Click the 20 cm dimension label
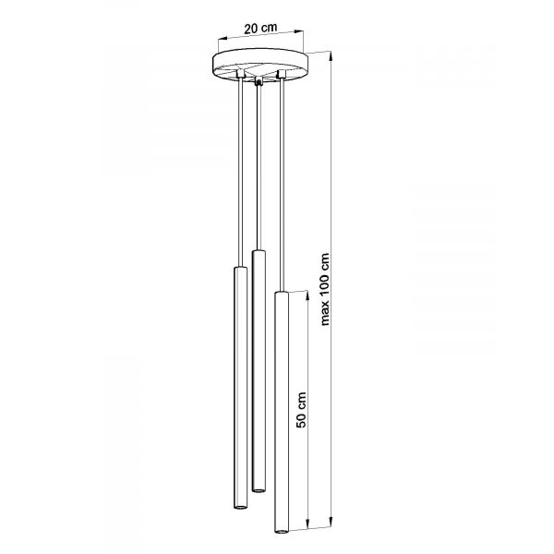click(x=260, y=29)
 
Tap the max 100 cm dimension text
click(x=325, y=289)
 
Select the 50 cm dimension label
click(x=301, y=409)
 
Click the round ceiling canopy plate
click(x=260, y=66)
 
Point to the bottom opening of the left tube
click(x=241, y=507)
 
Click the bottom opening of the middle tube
click(x=259, y=489)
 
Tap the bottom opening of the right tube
click(x=282, y=531)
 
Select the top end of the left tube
click(x=241, y=268)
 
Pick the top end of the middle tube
click(x=259, y=251)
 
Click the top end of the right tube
click(x=282, y=293)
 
